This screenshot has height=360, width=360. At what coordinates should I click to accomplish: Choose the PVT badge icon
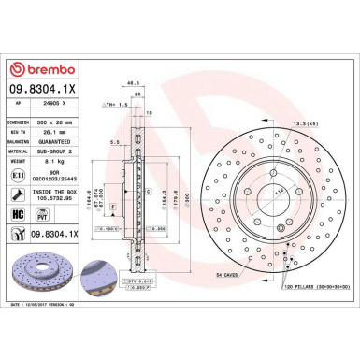coord(43,213)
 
